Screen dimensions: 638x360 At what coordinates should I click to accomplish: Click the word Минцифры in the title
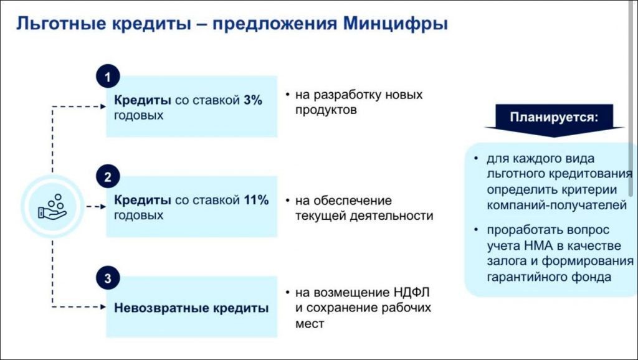pos(395,24)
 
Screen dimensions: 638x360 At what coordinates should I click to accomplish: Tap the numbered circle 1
pos(108,77)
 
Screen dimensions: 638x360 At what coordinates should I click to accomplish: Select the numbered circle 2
pos(108,176)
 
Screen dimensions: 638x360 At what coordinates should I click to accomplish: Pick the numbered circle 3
pos(108,278)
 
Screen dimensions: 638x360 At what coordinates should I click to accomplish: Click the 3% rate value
pos(253,100)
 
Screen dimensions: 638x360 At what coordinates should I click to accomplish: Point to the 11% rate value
pos(256,200)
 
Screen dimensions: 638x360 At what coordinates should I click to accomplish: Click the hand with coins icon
pos(52,207)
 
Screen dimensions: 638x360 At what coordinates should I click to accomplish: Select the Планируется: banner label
pos(554,118)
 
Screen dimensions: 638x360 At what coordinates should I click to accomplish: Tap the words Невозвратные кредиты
pos(191,308)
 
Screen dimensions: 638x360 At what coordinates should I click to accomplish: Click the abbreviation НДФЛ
pos(411,292)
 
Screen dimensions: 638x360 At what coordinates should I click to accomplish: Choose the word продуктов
pos(326,110)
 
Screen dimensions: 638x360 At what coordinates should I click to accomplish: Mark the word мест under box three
pos(310,324)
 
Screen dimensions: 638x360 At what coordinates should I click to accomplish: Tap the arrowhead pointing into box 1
pos(103,107)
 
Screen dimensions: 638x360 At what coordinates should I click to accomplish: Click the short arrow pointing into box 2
pos(96,207)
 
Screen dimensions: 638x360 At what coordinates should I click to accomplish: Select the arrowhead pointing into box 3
pos(103,306)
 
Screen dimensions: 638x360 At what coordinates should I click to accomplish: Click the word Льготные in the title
pos(60,24)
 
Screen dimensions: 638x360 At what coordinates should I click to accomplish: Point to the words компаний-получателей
pos(556,206)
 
